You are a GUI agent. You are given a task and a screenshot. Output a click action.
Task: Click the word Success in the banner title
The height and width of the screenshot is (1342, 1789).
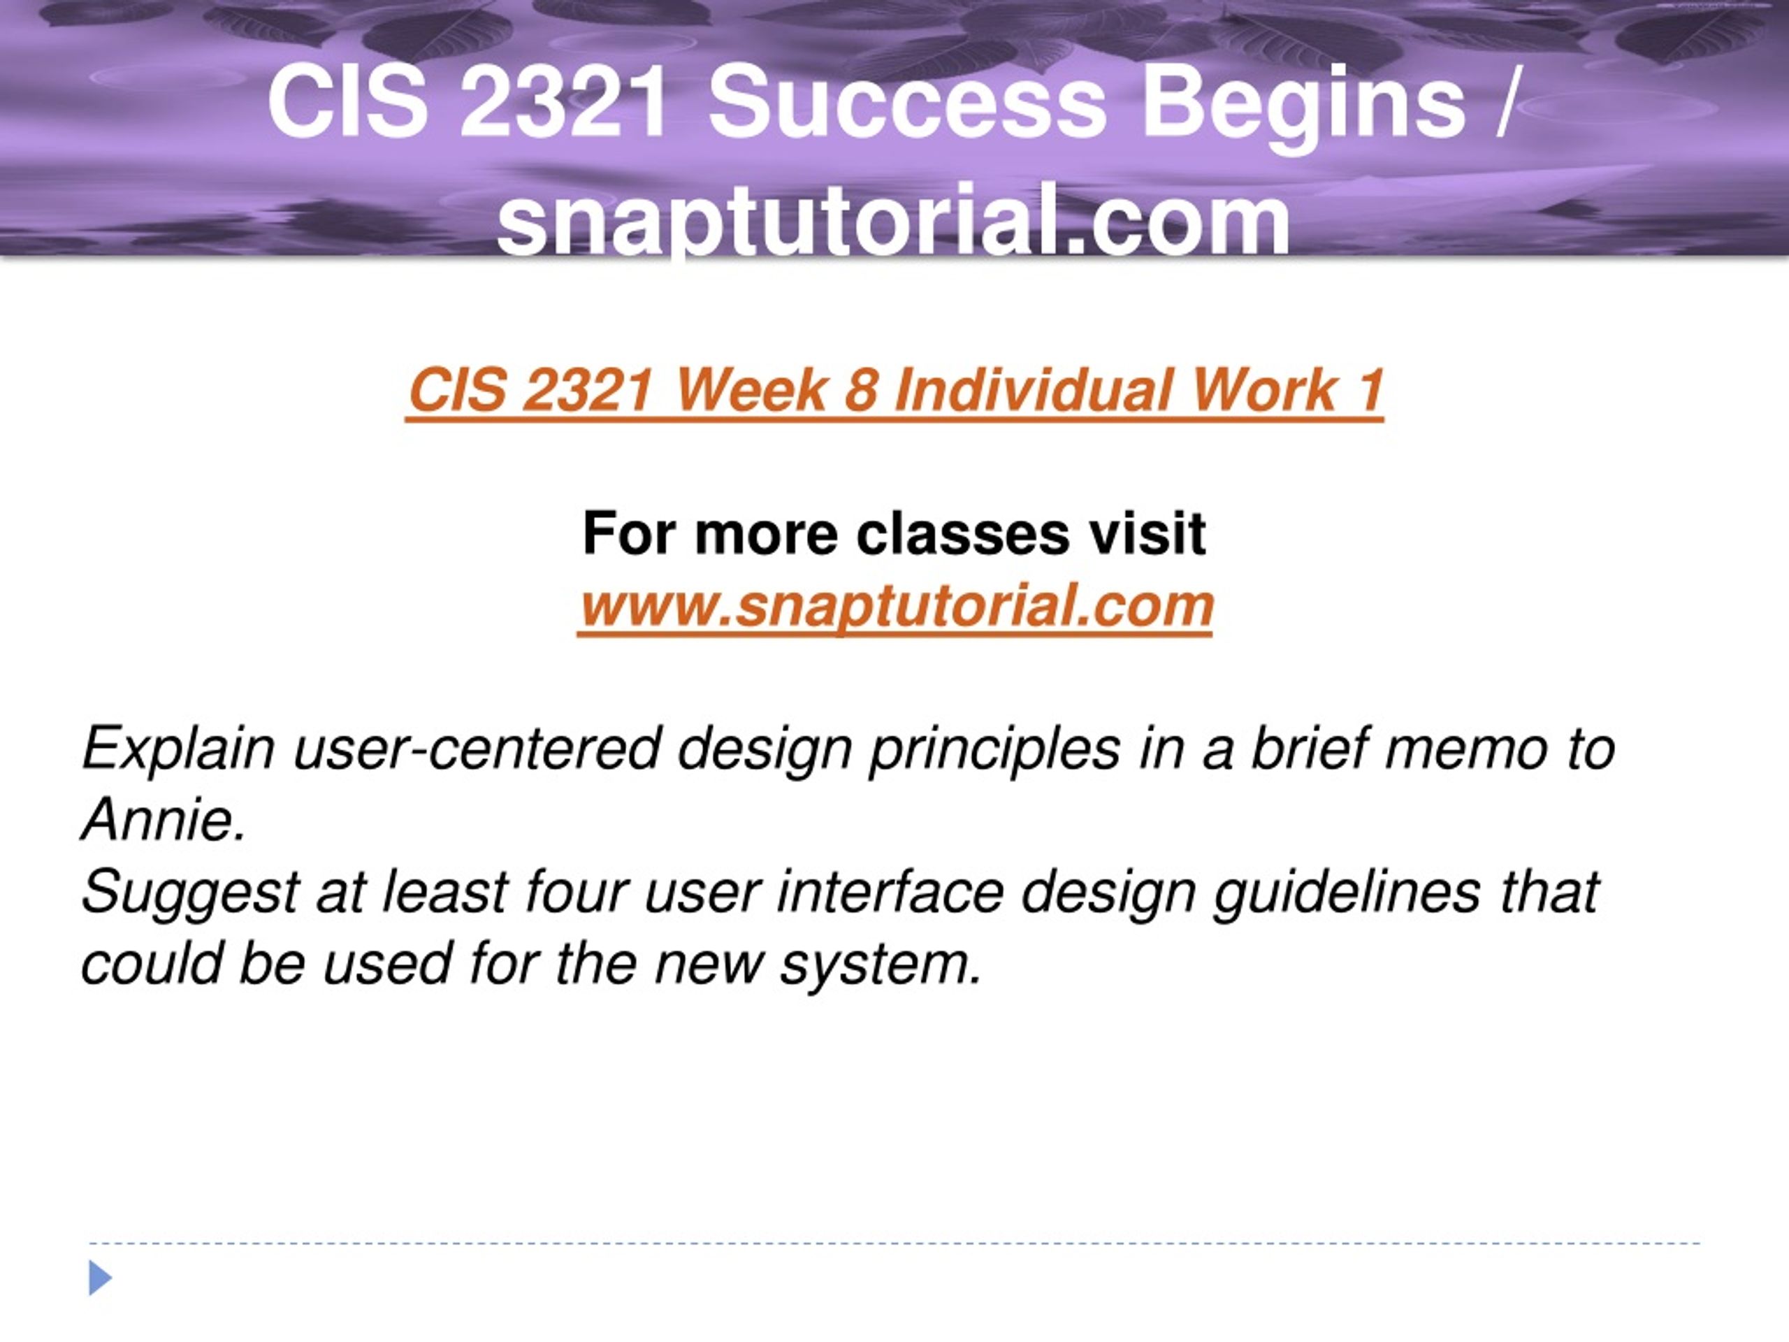click(x=906, y=103)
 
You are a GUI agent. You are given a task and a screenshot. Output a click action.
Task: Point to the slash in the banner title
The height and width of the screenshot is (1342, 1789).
click(x=1505, y=104)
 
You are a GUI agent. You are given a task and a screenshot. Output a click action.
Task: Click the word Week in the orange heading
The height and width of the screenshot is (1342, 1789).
click(x=751, y=390)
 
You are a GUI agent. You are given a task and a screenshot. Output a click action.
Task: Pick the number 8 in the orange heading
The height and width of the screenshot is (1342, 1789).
click(x=862, y=390)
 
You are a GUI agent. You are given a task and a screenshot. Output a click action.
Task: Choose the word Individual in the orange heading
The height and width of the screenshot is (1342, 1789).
click(x=1034, y=390)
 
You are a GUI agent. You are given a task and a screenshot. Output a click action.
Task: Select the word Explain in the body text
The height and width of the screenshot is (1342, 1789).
click(x=179, y=749)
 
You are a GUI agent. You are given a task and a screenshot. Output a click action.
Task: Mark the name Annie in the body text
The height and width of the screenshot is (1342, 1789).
click(x=163, y=819)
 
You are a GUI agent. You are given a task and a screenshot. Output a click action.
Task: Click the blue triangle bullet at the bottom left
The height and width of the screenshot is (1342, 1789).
click(x=99, y=1277)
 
